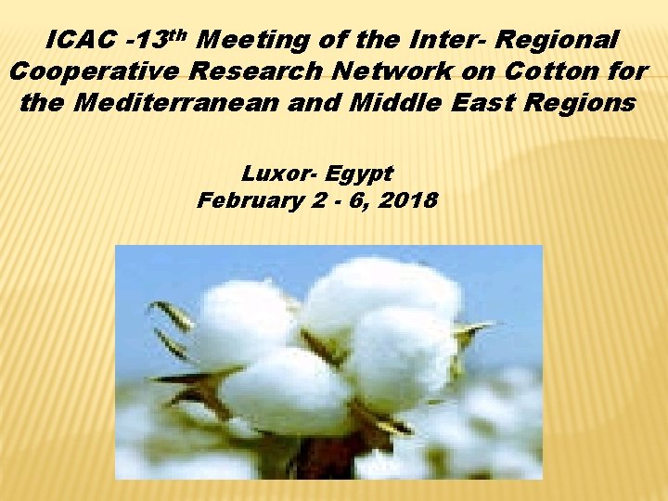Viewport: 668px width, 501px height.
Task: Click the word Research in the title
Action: click(267, 72)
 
